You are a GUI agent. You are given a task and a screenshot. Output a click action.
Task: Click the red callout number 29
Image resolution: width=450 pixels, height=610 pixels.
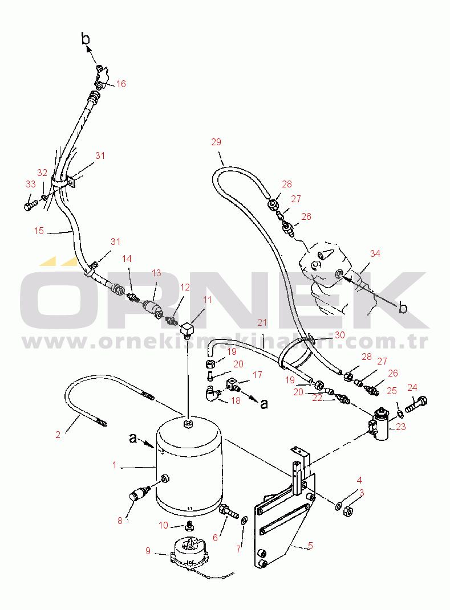[x=216, y=142]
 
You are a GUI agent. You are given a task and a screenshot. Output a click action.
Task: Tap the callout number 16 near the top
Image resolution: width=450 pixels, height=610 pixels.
[x=121, y=84]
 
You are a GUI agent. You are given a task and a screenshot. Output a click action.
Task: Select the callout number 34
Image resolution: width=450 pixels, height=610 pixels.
[x=375, y=253]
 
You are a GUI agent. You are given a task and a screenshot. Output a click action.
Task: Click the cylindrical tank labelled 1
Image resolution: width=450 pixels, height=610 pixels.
[x=189, y=465]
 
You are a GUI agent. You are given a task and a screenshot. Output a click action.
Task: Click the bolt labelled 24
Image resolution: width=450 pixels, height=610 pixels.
[x=416, y=404]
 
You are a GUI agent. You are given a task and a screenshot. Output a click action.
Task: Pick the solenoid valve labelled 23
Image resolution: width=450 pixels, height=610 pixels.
[x=379, y=424]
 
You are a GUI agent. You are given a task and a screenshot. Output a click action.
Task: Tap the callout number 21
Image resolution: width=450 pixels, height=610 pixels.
[x=262, y=322]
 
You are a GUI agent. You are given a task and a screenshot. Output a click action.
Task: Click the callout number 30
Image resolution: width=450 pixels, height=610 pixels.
[x=340, y=335]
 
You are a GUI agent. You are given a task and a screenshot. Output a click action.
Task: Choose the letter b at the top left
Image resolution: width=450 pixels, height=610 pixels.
[x=86, y=39]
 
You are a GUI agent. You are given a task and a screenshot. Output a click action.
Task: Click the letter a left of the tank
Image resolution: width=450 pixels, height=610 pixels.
[x=133, y=439]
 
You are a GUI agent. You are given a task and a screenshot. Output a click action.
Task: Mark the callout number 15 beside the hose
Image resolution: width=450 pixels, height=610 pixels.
[x=39, y=231]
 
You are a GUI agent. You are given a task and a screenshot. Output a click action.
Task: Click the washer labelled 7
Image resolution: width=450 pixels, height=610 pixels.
[x=244, y=520]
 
